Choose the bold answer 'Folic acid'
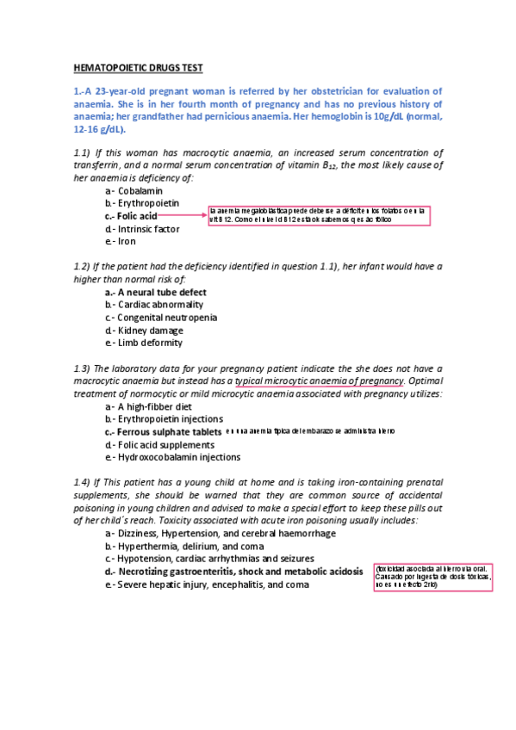pyautogui.click(x=137, y=215)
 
